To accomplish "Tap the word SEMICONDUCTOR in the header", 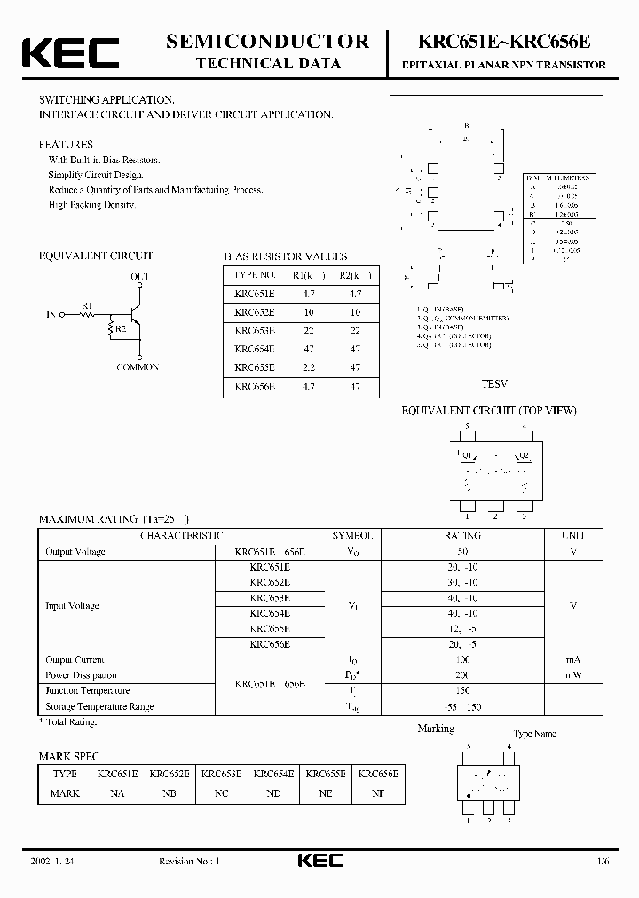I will [268, 41].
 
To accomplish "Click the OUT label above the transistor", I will [140, 278].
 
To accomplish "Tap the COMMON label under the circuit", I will [138, 367].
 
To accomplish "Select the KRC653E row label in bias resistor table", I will [255, 328].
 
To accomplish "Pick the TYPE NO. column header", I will [256, 274].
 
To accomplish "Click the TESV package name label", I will [494, 385].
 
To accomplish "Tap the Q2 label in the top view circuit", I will [524, 455].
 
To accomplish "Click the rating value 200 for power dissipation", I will [462, 675].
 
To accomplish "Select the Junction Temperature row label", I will [88, 690].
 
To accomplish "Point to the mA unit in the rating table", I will [573, 659].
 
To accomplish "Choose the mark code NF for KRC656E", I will [378, 792].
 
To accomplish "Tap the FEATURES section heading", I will [66, 144].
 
